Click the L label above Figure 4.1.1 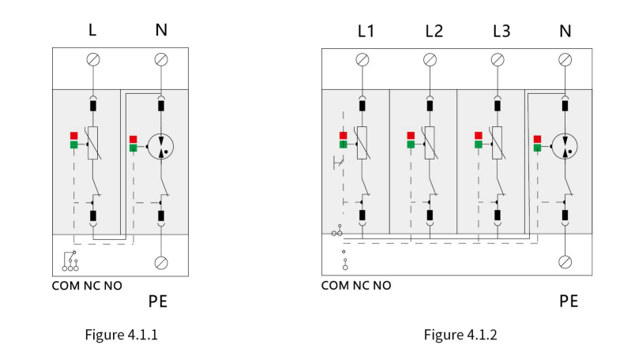coord(92,30)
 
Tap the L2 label coord(434,31)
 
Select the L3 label coord(501,31)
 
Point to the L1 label coord(366,31)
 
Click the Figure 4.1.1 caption coord(121,335)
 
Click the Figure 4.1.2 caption coord(460,335)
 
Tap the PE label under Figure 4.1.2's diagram coord(569,301)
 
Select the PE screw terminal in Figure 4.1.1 coord(161,263)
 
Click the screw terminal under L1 coord(362,60)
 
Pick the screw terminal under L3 coord(498,60)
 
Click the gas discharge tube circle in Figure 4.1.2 coord(565,146)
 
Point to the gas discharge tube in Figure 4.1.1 coord(160,146)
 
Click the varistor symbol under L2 coord(430,143)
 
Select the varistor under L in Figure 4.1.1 coord(93,143)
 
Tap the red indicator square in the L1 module coord(343,136)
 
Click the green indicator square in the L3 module coord(478,144)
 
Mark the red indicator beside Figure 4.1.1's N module coord(133,140)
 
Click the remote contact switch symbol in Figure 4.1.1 coord(70,261)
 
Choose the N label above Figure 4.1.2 coord(565,31)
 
